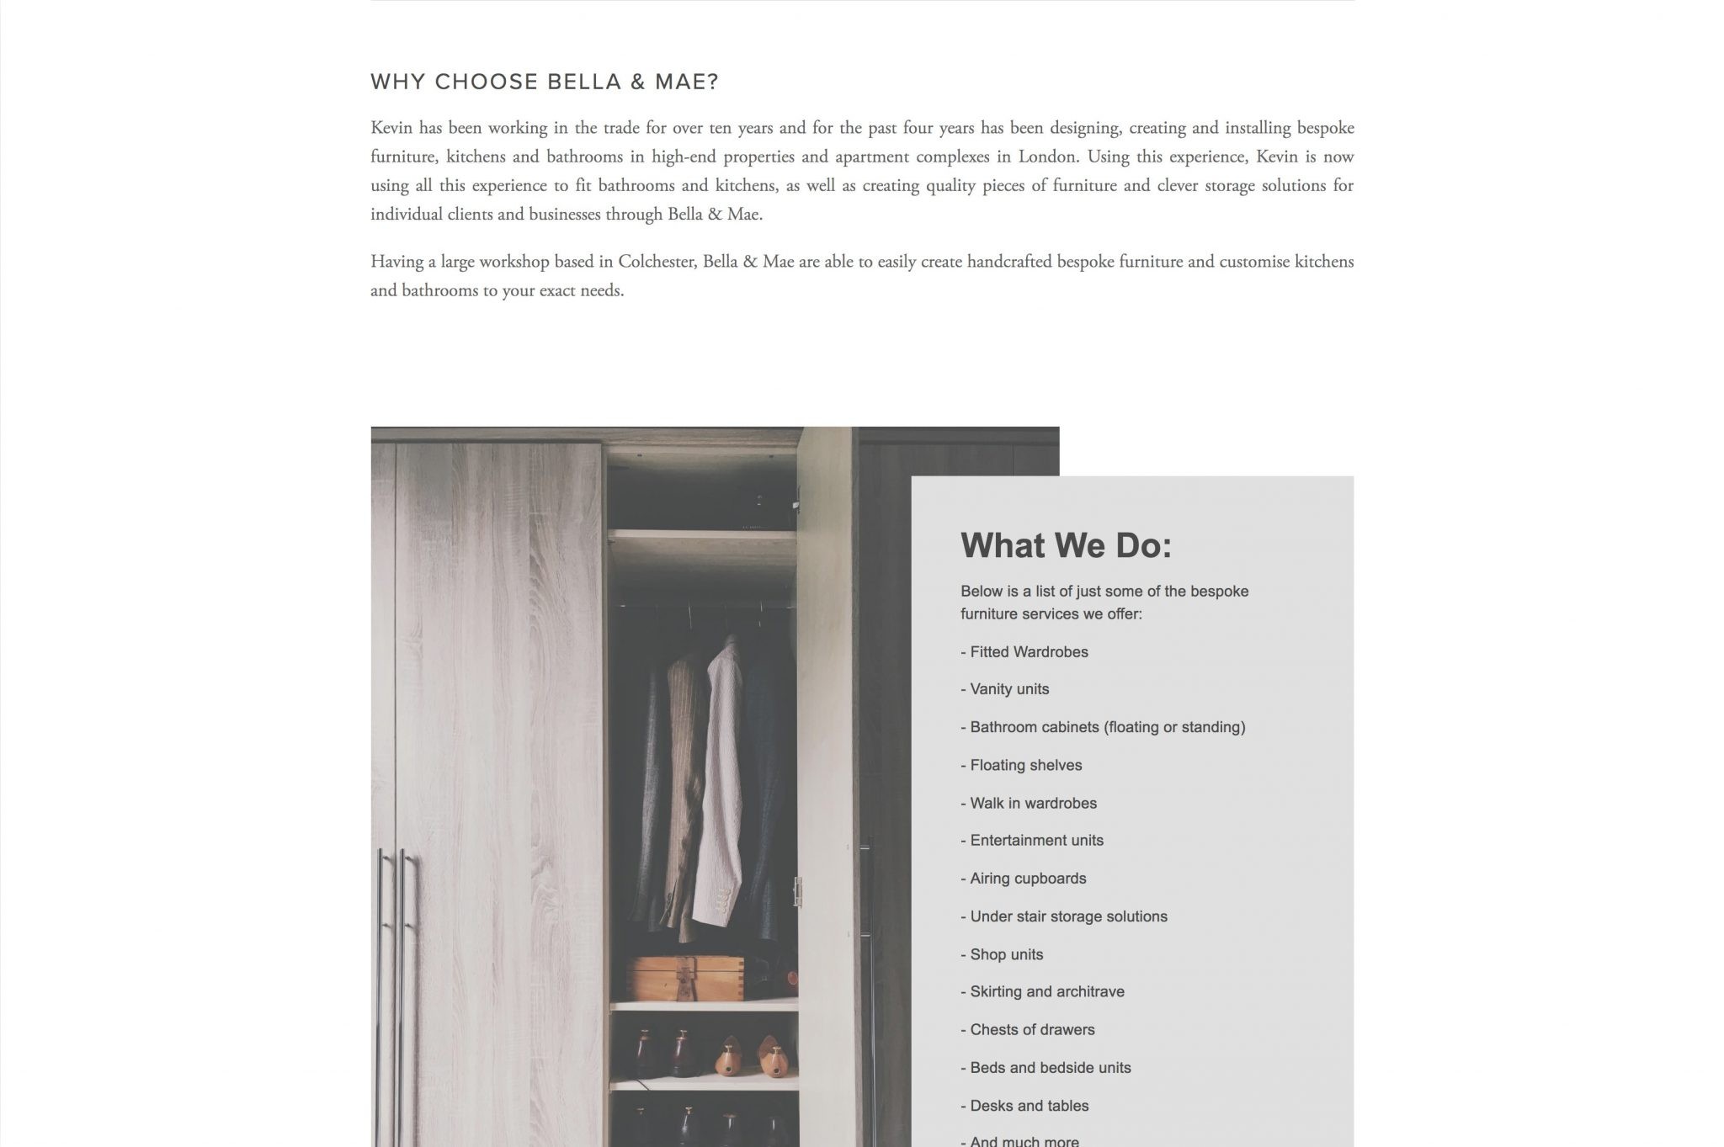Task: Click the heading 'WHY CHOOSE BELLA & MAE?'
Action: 544,82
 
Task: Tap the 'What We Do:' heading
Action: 1066,545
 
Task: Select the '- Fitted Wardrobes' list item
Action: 1024,652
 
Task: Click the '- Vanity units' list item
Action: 1004,689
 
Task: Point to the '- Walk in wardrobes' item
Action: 1029,803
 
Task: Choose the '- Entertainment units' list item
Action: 1031,840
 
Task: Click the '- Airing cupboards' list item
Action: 1023,878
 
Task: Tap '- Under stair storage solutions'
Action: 1063,916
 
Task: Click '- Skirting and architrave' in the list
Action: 1042,991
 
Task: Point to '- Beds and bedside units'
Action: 1046,1067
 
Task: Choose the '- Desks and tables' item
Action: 1024,1106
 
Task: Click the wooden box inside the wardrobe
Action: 685,977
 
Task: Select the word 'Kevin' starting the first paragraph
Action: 391,128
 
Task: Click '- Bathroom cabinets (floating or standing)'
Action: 1103,727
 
